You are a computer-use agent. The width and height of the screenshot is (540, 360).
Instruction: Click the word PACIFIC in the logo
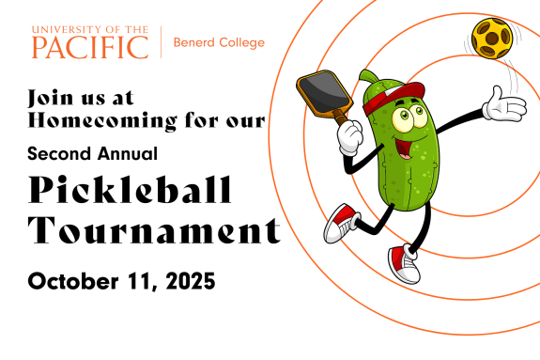pyautogui.click(x=90, y=47)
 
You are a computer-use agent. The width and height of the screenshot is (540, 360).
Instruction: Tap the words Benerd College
pyautogui.click(x=219, y=42)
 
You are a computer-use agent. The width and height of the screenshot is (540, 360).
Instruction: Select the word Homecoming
pyautogui.click(x=102, y=120)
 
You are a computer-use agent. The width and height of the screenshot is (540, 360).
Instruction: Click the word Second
pyautogui.click(x=60, y=153)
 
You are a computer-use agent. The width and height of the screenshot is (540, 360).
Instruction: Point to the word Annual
pyautogui.click(x=128, y=153)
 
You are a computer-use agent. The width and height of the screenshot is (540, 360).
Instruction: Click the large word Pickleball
pyautogui.click(x=130, y=189)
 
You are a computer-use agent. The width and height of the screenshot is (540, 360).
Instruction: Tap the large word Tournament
pyautogui.click(x=154, y=230)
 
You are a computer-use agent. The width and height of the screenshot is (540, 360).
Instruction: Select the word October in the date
pyautogui.click(x=73, y=281)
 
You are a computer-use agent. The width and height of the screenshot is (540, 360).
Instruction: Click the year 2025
pyautogui.click(x=191, y=281)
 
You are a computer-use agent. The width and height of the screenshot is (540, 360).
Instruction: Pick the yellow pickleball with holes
pyautogui.click(x=492, y=39)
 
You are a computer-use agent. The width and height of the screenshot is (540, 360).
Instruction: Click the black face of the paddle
pyautogui.click(x=323, y=89)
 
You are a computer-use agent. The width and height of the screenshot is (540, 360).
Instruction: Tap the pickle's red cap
pyautogui.click(x=393, y=97)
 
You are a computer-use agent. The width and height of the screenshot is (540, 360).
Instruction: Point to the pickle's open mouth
pyautogui.click(x=406, y=148)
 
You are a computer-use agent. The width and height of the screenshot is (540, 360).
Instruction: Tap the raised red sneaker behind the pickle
pyautogui.click(x=341, y=224)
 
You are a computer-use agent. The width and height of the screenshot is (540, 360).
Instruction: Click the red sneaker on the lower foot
pyautogui.click(x=405, y=264)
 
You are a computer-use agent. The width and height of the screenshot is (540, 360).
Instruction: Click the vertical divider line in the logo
pyautogui.click(x=161, y=42)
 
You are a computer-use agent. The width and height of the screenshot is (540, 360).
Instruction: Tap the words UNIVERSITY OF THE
pyautogui.click(x=90, y=30)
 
